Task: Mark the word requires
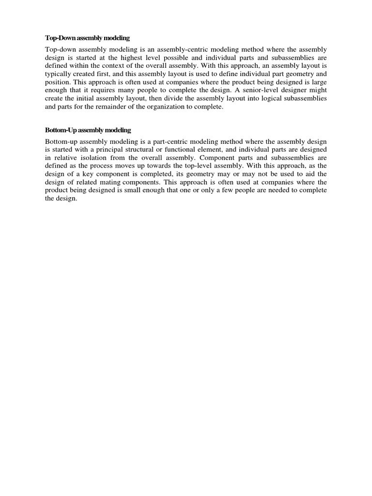pyautogui.click(x=108, y=91)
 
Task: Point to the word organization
pyautogui.click(x=167, y=108)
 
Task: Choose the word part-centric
pyautogui.click(x=172, y=142)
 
